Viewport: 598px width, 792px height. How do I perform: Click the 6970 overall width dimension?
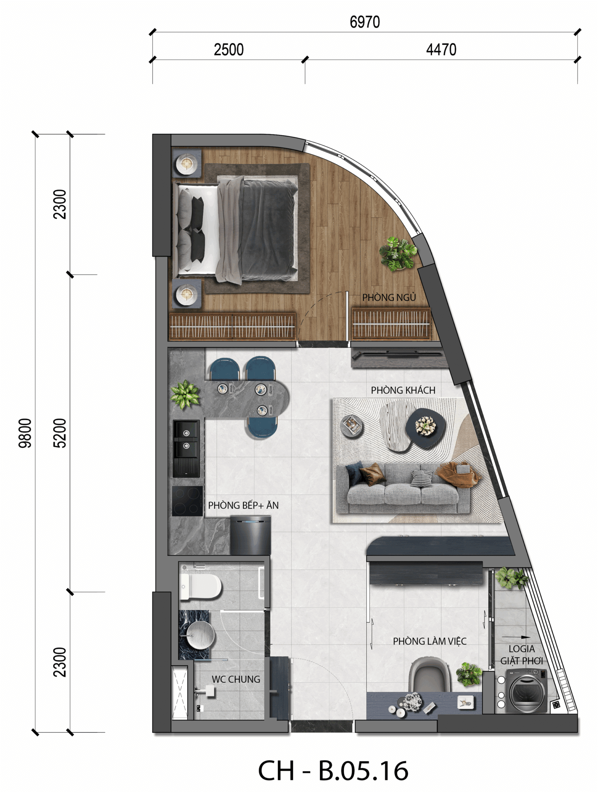coord(365,22)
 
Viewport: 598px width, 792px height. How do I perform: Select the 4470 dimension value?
coord(441,50)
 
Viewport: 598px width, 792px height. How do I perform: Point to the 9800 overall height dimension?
coord(25,433)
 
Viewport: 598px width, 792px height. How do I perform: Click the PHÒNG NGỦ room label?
coord(389,297)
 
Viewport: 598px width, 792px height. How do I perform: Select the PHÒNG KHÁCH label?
coord(403,390)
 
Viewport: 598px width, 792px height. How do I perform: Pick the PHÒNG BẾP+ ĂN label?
coord(243,505)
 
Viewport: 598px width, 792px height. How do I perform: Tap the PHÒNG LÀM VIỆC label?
coord(430,641)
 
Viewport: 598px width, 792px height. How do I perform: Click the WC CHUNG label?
coord(236,679)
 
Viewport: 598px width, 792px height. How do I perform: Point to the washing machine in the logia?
coord(528,691)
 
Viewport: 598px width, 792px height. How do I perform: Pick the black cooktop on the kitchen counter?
coord(187,501)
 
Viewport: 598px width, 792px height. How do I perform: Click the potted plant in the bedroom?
coord(398,253)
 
